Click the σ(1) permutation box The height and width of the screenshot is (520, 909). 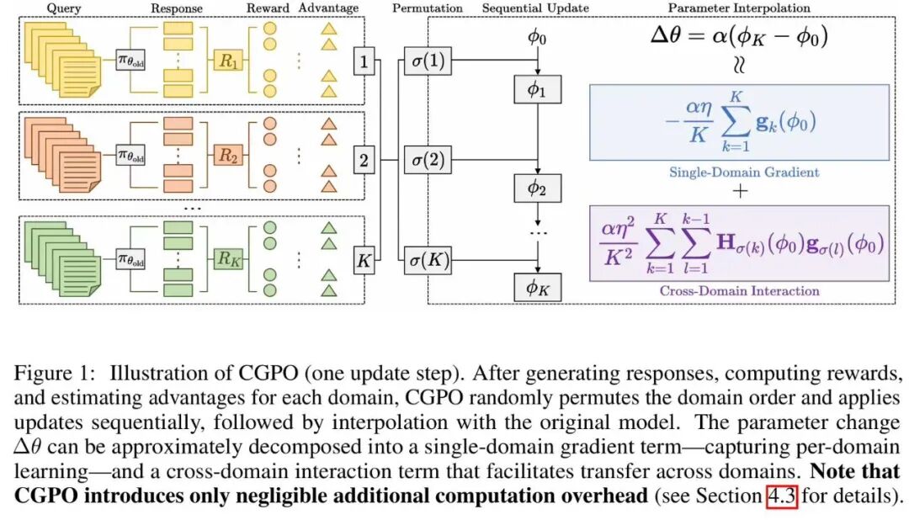click(426, 61)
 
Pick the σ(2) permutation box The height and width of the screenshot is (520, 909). click(426, 160)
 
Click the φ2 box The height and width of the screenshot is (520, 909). click(537, 188)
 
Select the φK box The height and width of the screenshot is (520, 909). click(537, 287)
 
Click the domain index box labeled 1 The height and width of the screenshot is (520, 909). click(364, 61)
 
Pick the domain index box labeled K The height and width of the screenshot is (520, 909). click(364, 261)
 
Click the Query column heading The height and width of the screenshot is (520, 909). click(64, 8)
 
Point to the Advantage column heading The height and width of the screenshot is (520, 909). click(326, 8)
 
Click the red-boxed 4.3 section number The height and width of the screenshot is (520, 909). click(781, 496)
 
